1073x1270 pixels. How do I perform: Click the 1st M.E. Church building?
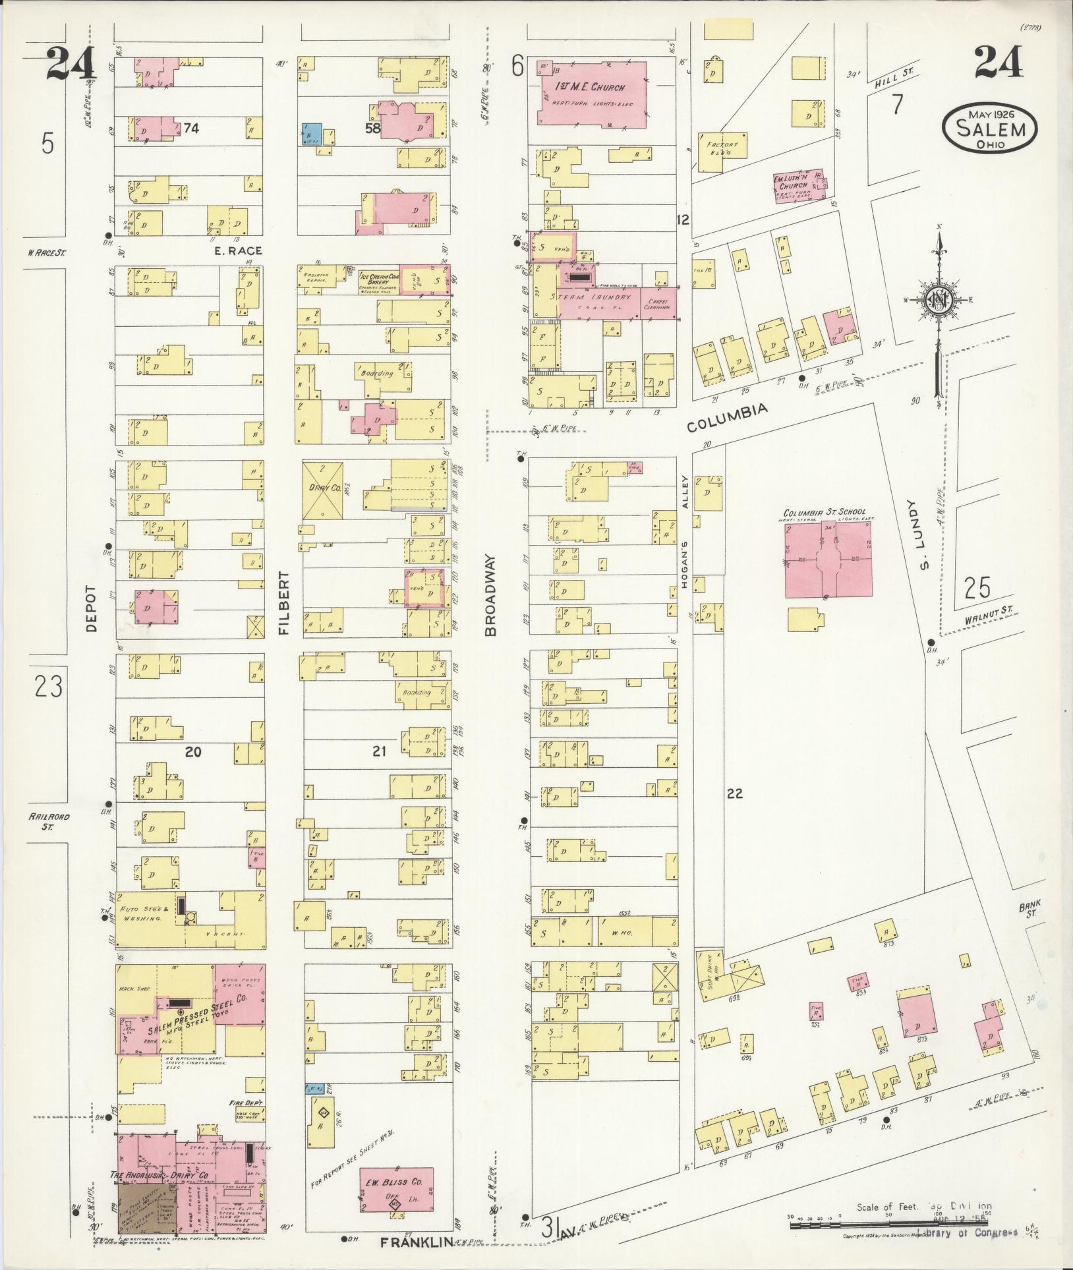click(x=591, y=93)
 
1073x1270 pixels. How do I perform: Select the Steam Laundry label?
click(x=595, y=299)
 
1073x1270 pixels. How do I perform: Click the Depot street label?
click(x=91, y=608)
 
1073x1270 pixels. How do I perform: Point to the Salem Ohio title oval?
click(x=989, y=128)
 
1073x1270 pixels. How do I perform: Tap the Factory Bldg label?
click(x=722, y=148)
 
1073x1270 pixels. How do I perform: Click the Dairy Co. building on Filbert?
click(x=323, y=490)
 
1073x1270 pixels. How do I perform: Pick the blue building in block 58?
click(x=311, y=134)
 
